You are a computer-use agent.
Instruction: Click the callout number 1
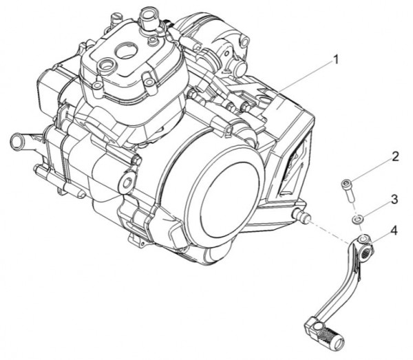[335, 61]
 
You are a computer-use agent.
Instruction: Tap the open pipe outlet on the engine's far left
[17, 141]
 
